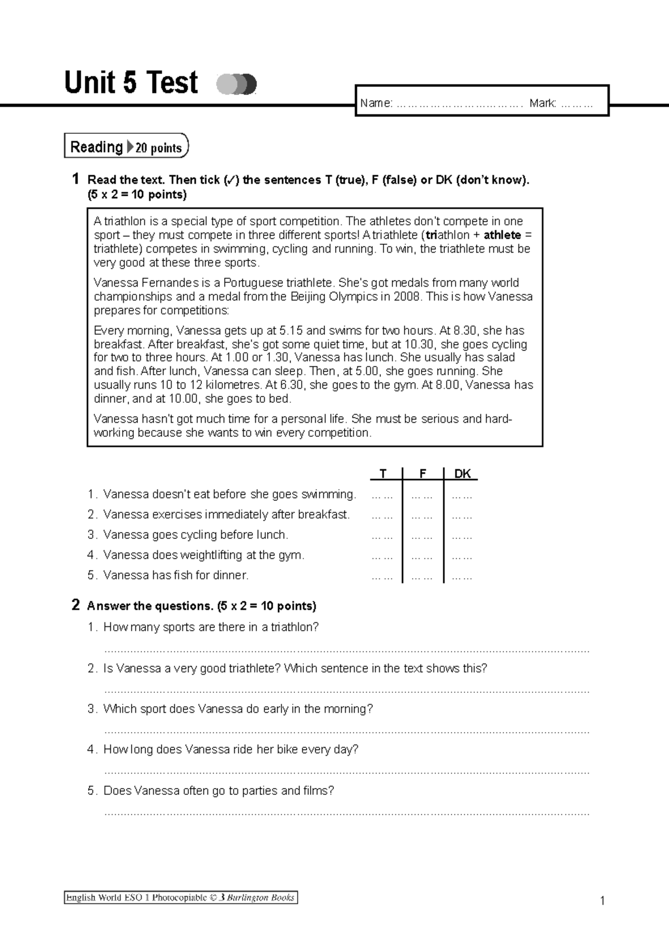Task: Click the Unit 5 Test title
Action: point(131,83)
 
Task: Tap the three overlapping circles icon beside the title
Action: point(236,84)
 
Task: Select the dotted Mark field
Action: point(576,103)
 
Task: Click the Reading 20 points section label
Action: point(127,147)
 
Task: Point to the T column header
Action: point(382,473)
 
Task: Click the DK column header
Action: point(462,473)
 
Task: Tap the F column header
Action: point(423,473)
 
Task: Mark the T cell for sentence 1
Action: point(382,495)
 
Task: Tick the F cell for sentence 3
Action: point(422,536)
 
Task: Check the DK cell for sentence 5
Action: point(462,577)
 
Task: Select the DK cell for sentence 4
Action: point(462,556)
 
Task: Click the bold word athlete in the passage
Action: point(502,235)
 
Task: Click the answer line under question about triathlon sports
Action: point(347,650)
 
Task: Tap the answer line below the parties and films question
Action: point(347,813)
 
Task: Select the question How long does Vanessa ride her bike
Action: point(230,749)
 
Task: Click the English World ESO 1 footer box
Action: point(181,897)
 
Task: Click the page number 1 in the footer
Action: point(602,901)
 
